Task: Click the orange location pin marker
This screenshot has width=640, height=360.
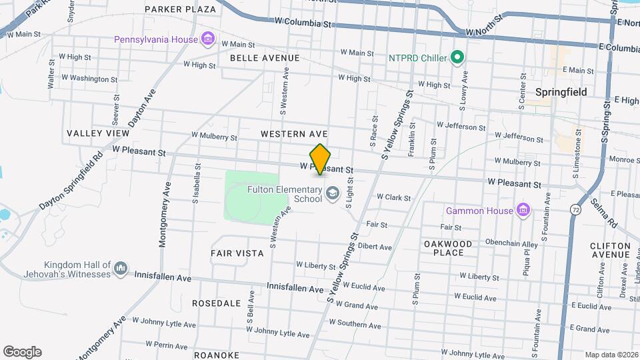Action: (x=321, y=159)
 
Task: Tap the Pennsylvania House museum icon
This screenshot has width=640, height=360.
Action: (x=209, y=39)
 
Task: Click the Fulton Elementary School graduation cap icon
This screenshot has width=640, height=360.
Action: (x=332, y=194)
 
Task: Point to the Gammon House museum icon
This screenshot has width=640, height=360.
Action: (x=523, y=211)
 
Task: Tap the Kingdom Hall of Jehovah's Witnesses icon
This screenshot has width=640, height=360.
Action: (x=121, y=269)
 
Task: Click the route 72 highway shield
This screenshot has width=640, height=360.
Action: (x=575, y=209)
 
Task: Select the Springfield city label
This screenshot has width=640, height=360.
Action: (x=561, y=92)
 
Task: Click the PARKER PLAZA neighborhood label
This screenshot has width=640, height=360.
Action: (x=180, y=9)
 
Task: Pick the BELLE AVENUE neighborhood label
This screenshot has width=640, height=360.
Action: (x=265, y=58)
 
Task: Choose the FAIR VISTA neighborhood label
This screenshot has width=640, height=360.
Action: (x=237, y=253)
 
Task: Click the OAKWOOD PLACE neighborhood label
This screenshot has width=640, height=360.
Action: (x=448, y=248)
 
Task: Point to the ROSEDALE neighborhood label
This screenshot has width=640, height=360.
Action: (x=216, y=303)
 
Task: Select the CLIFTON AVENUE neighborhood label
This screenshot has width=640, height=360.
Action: (x=610, y=250)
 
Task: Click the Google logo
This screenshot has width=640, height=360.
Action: (x=22, y=352)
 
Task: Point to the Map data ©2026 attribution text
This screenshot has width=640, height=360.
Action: (x=611, y=355)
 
